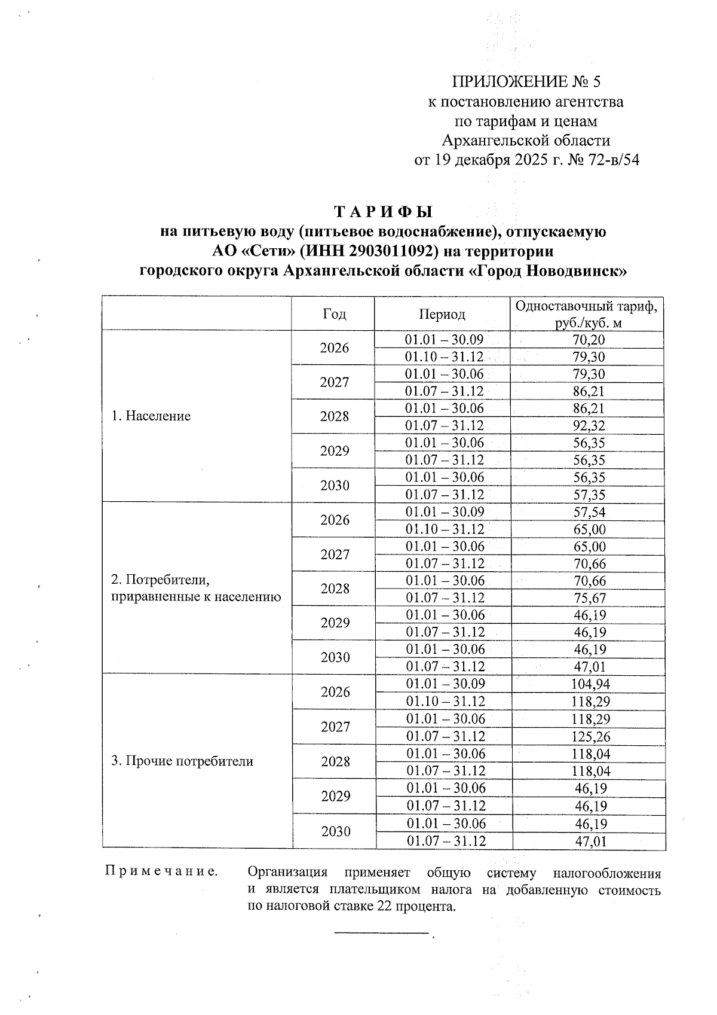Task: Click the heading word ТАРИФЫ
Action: [383, 212]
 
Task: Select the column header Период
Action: [442, 314]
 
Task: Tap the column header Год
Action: [334, 314]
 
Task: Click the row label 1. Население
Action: [151, 416]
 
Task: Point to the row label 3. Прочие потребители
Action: [182, 761]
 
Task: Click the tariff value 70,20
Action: [589, 340]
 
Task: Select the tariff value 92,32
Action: [589, 426]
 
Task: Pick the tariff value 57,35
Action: [589, 495]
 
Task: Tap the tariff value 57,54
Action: [589, 512]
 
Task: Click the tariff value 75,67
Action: [589, 598]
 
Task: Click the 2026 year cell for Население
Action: [334, 348]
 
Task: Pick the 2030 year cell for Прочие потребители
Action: [335, 831]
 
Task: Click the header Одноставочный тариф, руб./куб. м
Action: [589, 314]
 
